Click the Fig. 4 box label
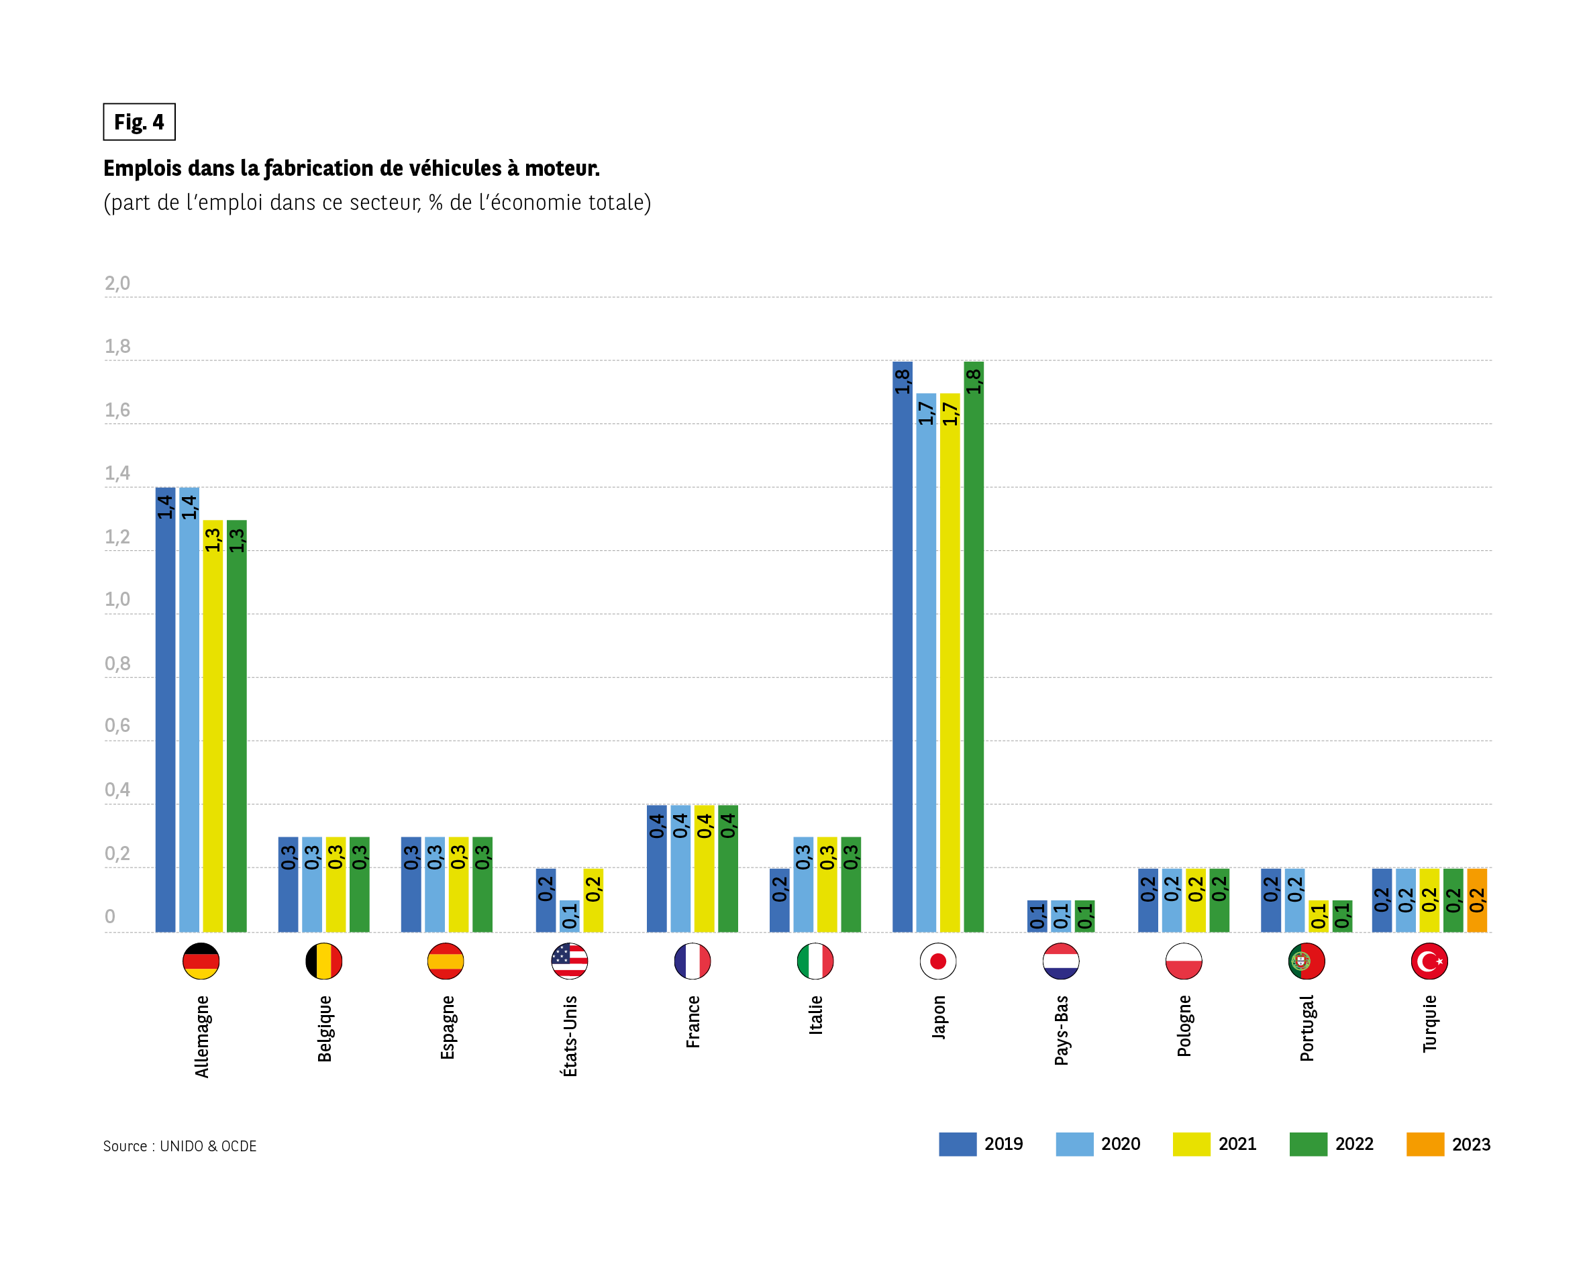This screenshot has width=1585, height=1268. tap(139, 122)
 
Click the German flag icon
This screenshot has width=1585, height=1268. tap(201, 961)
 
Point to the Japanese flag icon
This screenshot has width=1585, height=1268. tap(938, 961)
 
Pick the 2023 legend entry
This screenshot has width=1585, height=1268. tap(1448, 1145)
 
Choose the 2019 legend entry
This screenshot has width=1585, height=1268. tap(980, 1145)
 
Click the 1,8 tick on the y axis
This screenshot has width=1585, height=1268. tap(117, 346)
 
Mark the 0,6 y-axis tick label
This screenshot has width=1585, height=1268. tap(117, 725)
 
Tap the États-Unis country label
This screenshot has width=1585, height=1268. tap(570, 1037)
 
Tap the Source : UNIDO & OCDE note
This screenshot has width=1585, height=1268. tap(180, 1146)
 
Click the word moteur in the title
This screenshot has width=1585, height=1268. tap(562, 168)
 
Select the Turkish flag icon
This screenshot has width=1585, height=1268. tap(1429, 961)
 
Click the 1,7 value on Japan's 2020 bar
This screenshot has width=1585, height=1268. tap(926, 413)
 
